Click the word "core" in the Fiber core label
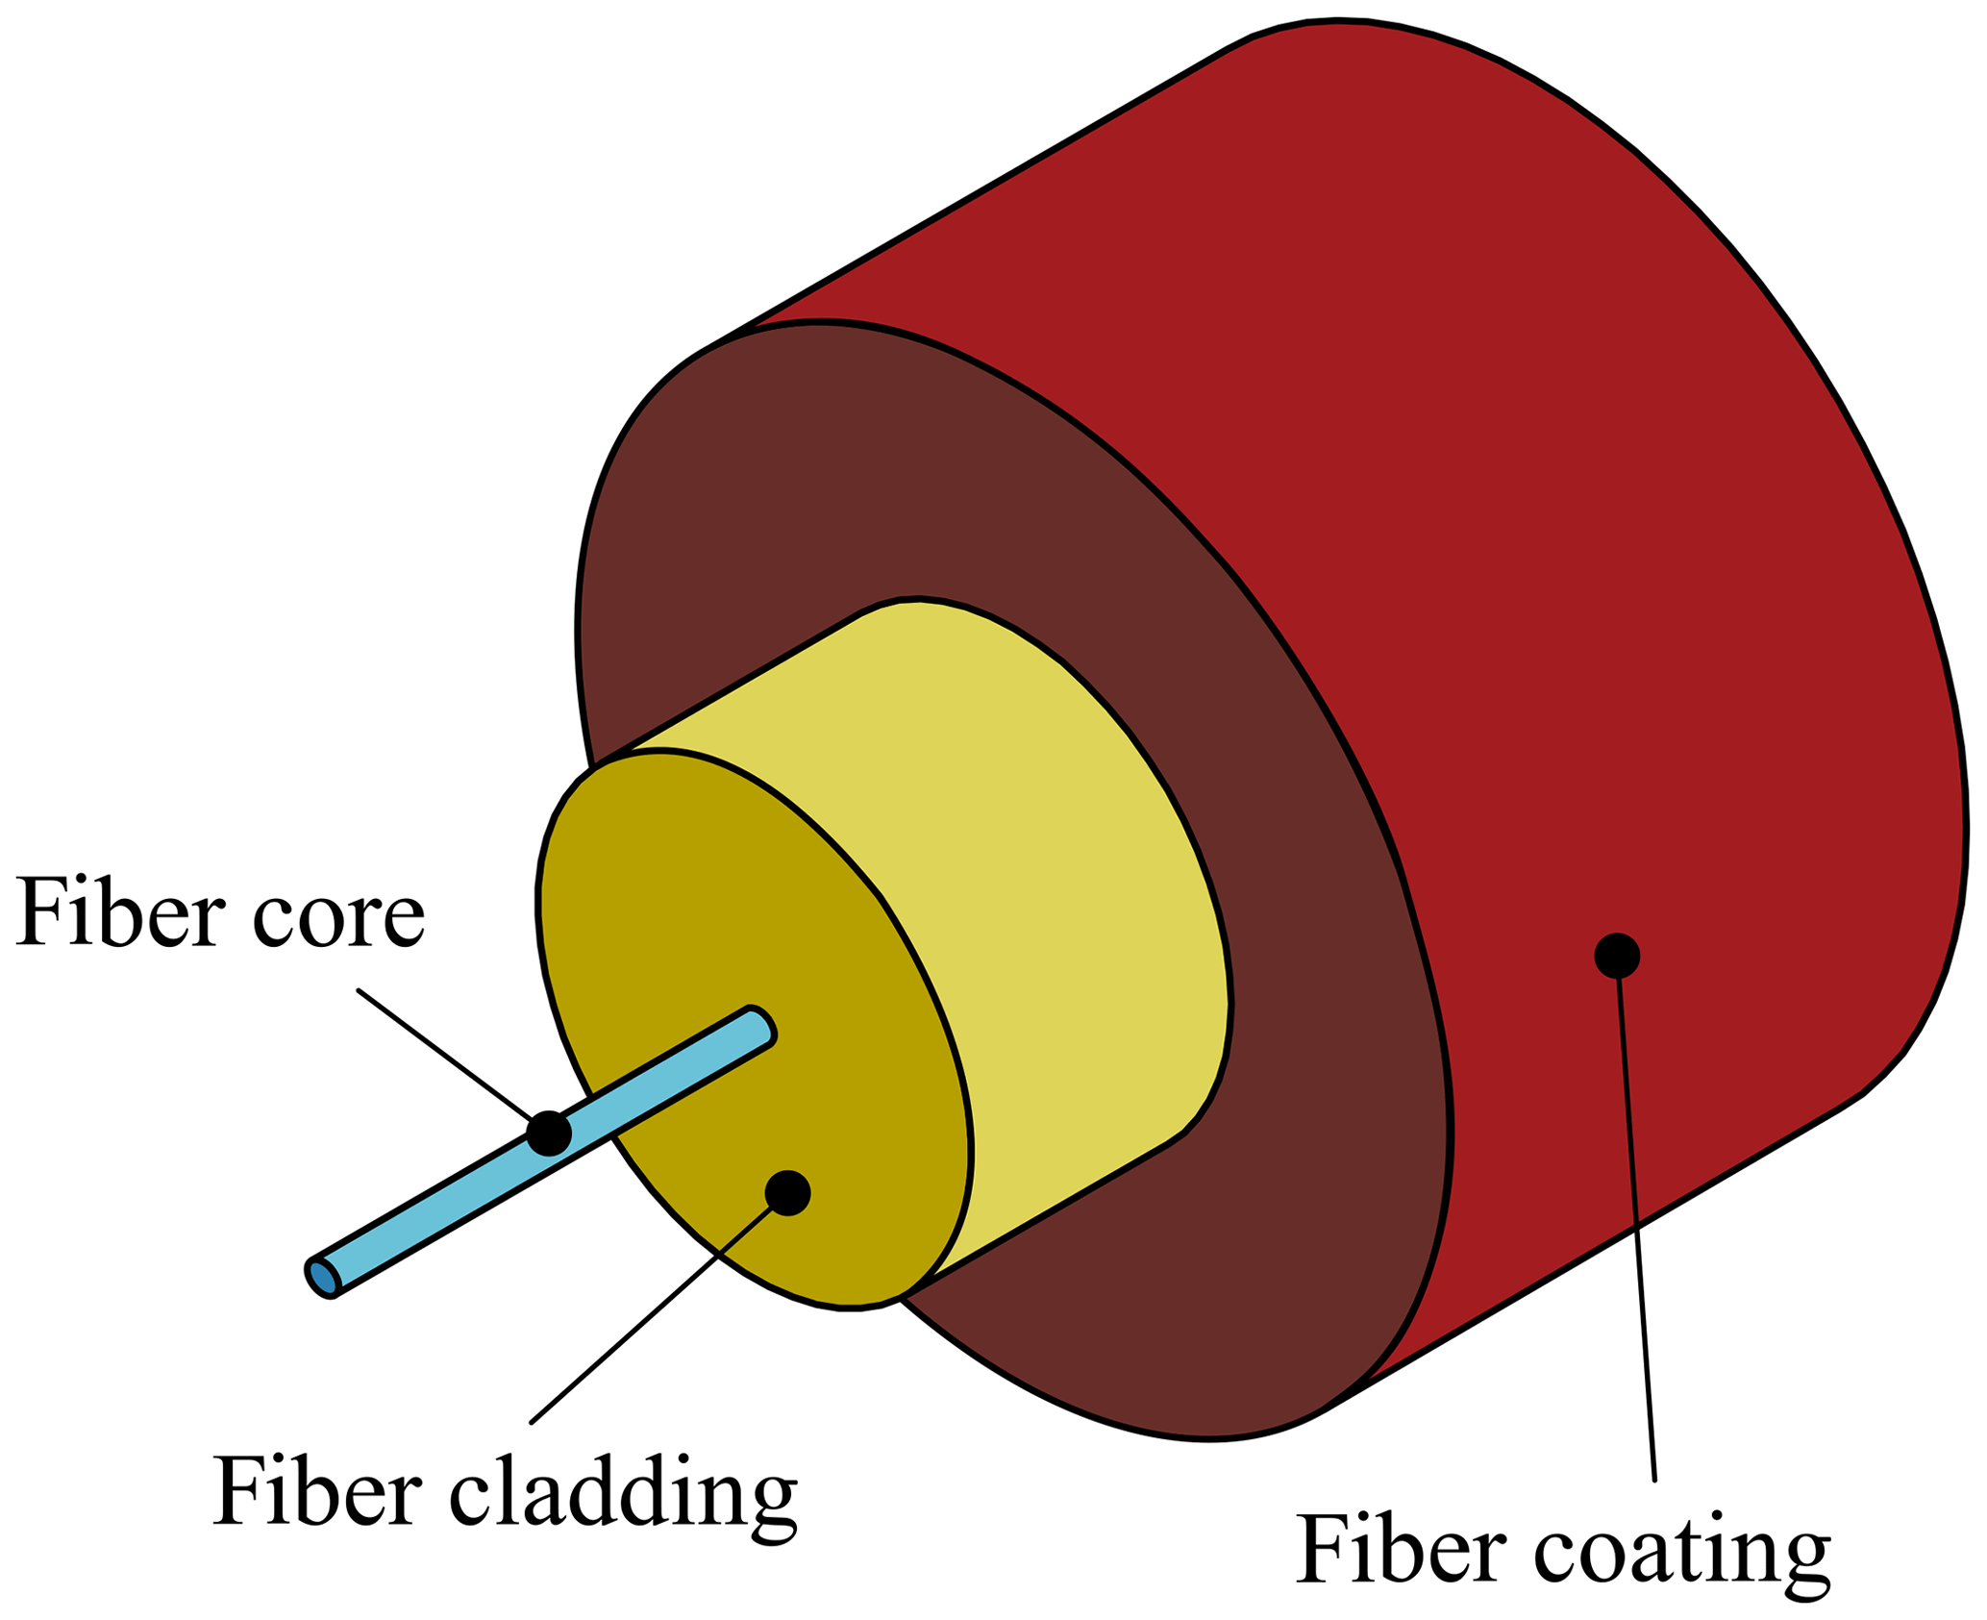(338, 915)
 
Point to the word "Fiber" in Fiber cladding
(317, 1489)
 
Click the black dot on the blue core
(549, 1133)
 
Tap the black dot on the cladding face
(787, 1193)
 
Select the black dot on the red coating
(1616, 956)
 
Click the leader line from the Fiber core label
(442, 1054)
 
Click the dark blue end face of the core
(323, 1278)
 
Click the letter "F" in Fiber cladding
(239, 1489)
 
